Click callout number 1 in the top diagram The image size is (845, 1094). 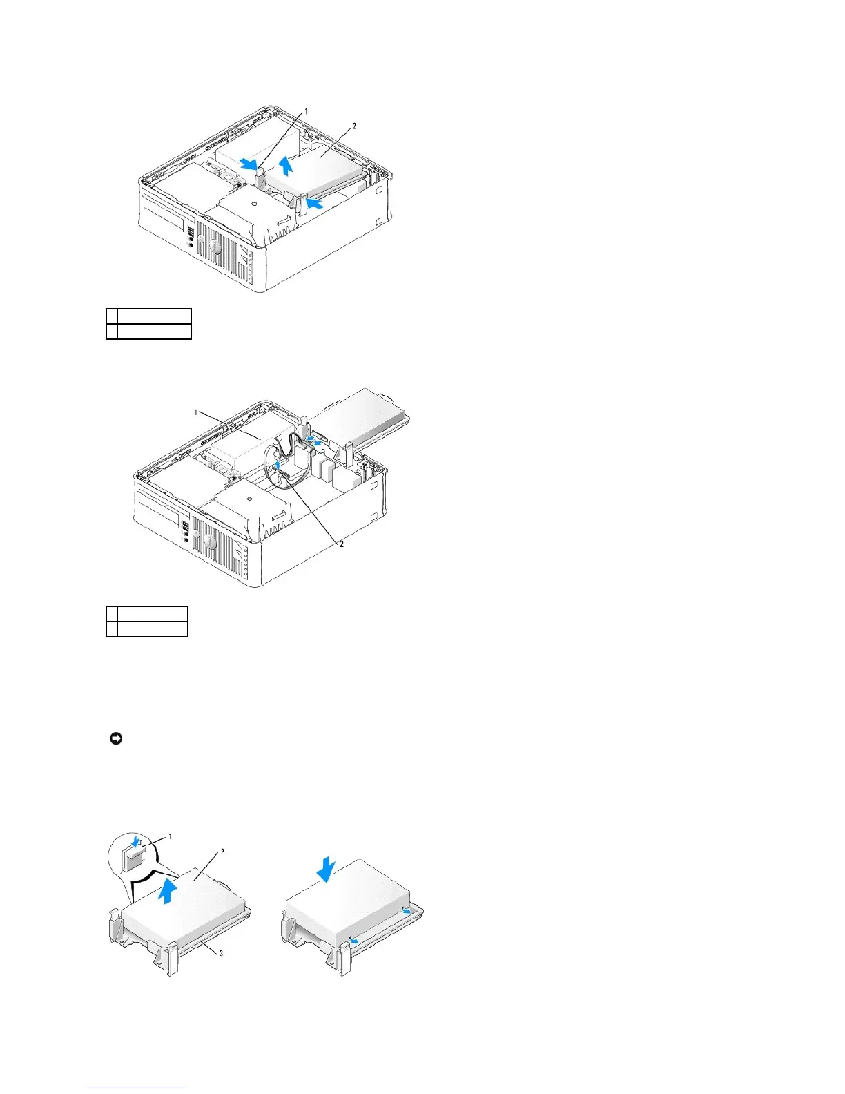click(307, 111)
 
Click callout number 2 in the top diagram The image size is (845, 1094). click(354, 126)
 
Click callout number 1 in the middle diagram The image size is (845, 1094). click(196, 412)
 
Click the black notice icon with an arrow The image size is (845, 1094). click(116, 739)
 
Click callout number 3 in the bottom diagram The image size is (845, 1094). click(220, 954)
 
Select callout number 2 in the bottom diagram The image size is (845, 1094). click(222, 852)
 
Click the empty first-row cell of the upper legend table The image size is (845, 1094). click(153, 316)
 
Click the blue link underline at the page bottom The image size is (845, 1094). click(137, 1089)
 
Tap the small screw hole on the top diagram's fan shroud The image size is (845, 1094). click(254, 204)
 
